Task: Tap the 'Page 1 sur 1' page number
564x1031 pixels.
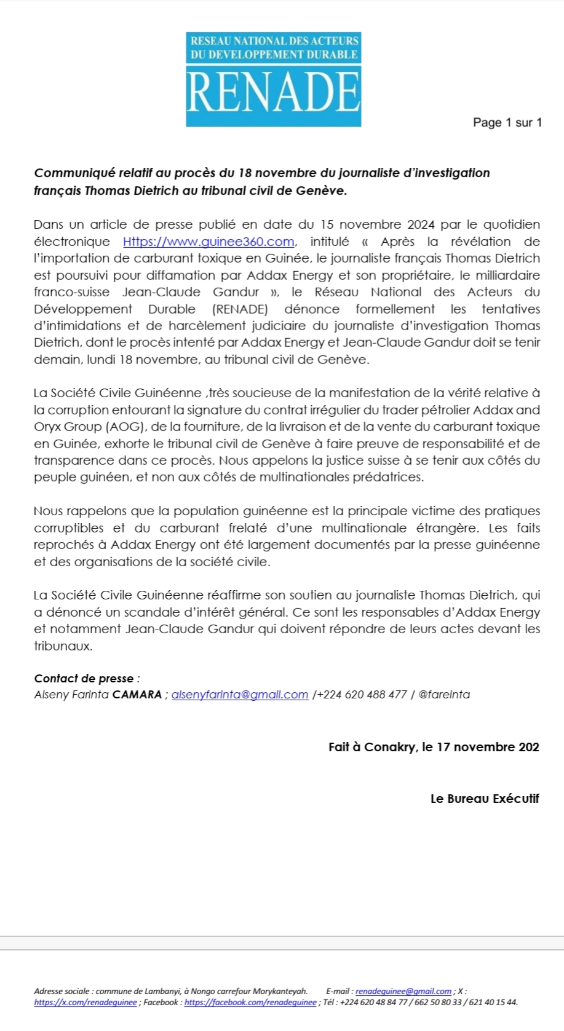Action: tap(507, 122)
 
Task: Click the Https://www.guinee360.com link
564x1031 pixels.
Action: tap(209, 242)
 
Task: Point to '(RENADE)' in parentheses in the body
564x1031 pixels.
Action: tap(240, 309)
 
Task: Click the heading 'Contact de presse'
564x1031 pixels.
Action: tap(84, 679)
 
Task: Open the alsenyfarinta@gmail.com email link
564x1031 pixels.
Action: tap(240, 695)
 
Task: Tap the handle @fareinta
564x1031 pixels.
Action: tap(444, 695)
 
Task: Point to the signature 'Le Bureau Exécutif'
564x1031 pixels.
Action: tap(485, 799)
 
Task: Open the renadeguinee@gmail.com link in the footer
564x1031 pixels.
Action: tap(403, 991)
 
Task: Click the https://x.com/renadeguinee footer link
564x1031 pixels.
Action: tap(85, 1002)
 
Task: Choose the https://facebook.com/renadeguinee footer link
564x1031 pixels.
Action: tap(250, 1002)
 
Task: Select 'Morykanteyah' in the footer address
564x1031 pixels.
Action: tap(280, 991)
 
